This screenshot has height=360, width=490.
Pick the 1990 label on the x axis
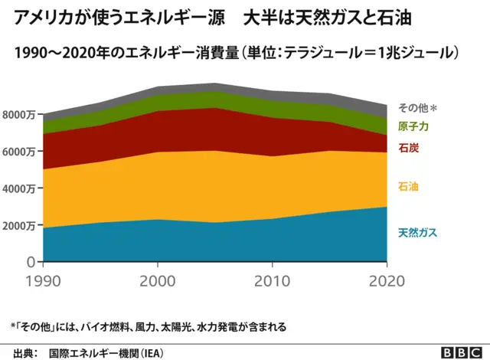point(41,280)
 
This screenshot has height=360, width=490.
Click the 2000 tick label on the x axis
point(157,280)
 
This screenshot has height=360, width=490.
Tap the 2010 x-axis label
point(274,280)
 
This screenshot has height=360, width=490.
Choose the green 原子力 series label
point(412,126)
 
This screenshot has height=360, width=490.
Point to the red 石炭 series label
point(407,147)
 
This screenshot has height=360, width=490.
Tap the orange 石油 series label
point(407,186)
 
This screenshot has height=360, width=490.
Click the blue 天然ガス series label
point(417,232)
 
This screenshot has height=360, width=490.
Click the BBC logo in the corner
point(460,352)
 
